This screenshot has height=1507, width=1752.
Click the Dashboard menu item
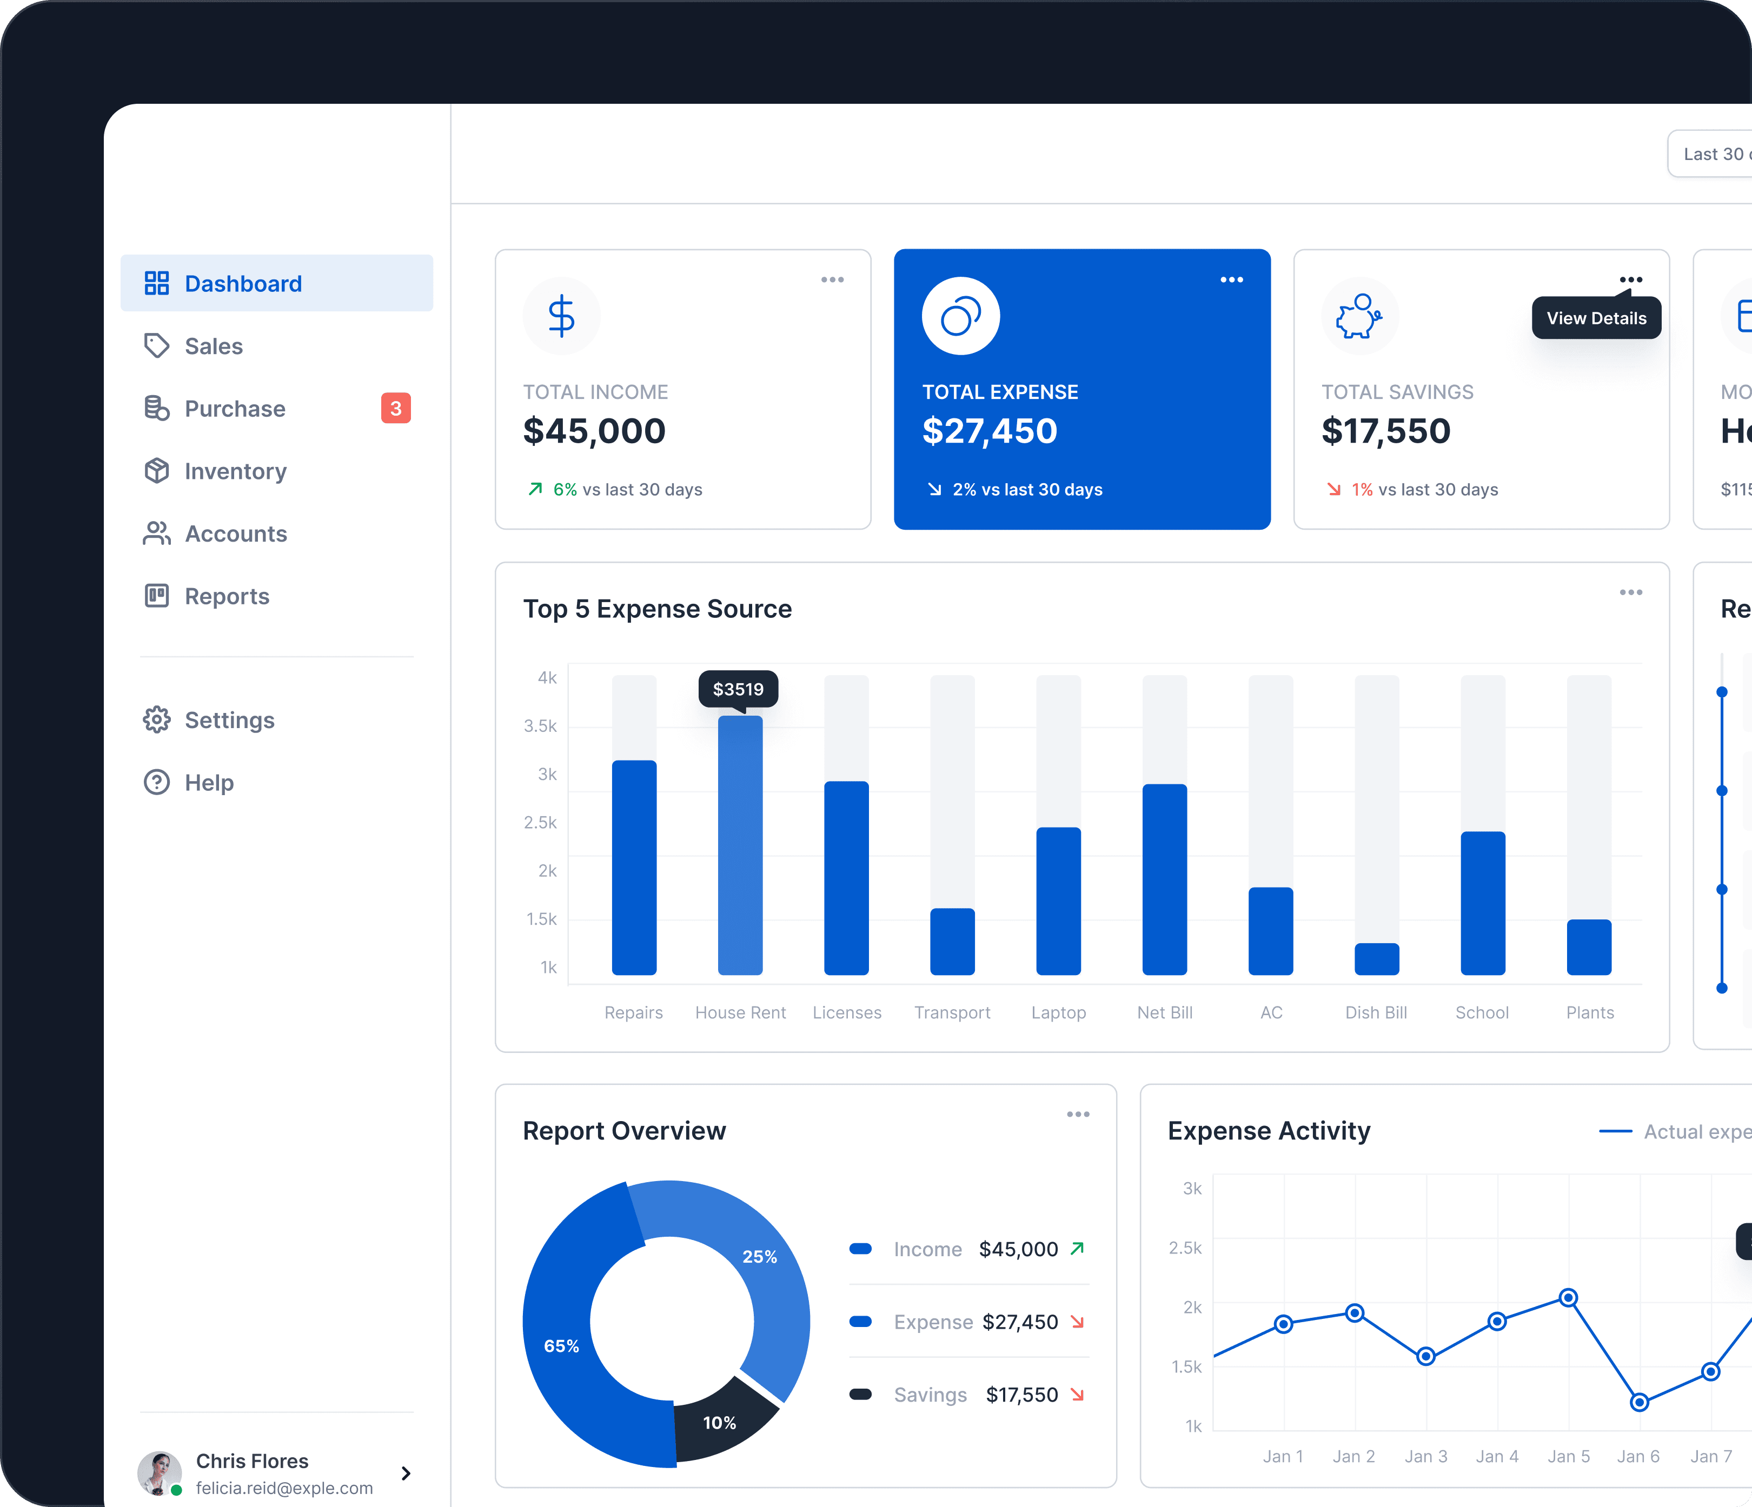(x=276, y=283)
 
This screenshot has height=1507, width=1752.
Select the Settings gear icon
(x=156, y=720)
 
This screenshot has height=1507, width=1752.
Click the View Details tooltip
(x=1596, y=318)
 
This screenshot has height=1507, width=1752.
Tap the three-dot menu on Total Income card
(x=832, y=280)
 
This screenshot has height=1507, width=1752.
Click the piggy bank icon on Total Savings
(x=1359, y=317)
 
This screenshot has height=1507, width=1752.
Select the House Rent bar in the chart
(x=740, y=845)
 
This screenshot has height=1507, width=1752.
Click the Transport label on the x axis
(x=952, y=1012)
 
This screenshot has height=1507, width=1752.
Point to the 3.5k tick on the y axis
(x=540, y=726)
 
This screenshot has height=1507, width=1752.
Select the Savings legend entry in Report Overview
(x=930, y=1395)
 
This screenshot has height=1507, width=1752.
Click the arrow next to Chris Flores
(x=406, y=1473)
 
